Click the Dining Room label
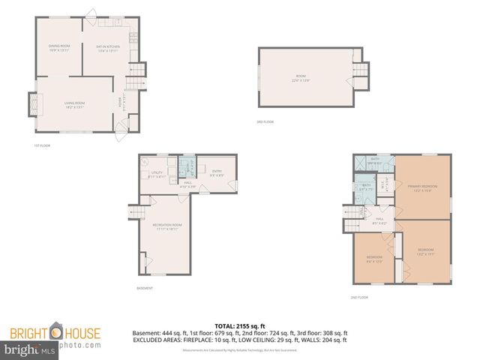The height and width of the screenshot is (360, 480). coord(59,49)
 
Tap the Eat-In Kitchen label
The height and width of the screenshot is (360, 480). coord(108,49)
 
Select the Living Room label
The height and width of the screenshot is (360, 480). coord(74,104)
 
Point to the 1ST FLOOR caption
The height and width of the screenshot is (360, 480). coord(42,145)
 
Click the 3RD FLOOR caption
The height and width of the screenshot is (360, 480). coord(264,121)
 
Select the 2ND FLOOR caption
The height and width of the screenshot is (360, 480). coord(360,298)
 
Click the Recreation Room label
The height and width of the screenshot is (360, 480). coord(168,226)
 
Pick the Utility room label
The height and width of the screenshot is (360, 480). coord(157,175)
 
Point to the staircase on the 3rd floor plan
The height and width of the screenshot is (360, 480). coord(359,73)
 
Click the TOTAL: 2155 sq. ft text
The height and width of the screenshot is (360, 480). coord(240,326)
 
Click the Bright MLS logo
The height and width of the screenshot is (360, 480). coord(23,350)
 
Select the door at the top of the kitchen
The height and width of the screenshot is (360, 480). coord(92,13)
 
